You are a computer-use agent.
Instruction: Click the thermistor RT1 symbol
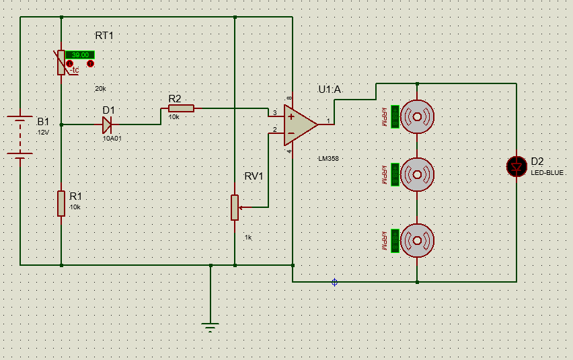pos(61,62)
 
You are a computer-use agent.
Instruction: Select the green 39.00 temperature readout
pos(80,55)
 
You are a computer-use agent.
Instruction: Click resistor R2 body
pos(181,108)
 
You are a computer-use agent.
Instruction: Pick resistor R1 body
pos(61,203)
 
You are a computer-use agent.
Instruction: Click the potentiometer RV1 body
pos(235,207)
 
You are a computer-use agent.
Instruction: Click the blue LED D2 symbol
pos(517,166)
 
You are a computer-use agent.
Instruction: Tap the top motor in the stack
pos(418,116)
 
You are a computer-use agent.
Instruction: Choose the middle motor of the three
pos(418,175)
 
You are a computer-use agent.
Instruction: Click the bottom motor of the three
pos(418,240)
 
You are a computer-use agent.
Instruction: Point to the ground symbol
pos(211,327)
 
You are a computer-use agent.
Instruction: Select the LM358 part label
pos(329,158)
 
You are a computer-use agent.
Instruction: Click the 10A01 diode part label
pos(112,138)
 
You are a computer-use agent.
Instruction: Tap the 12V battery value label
pos(43,133)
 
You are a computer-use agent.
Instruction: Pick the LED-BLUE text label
pos(547,173)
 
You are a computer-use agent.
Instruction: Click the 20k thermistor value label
pos(100,89)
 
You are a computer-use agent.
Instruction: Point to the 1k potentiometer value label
pos(247,238)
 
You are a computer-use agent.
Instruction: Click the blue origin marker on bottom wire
pos(334,282)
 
